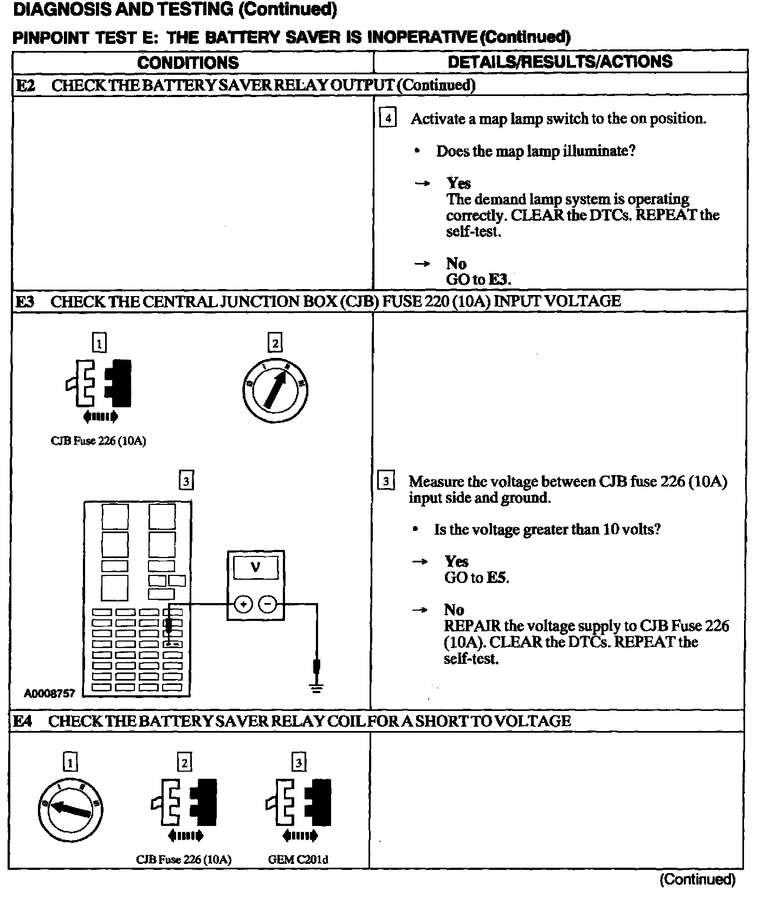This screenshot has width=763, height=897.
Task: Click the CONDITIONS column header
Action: [187, 62]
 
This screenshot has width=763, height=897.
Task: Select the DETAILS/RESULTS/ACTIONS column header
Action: [560, 61]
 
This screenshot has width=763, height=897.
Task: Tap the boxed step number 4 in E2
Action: [387, 118]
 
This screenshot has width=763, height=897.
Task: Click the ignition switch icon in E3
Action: [275, 389]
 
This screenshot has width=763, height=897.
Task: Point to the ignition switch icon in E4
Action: [70, 810]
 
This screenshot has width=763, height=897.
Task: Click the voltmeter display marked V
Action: [255, 568]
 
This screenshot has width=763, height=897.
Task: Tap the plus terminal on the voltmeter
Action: [243, 604]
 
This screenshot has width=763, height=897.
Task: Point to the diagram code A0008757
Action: [49, 693]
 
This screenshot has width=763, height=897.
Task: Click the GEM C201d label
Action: [298, 860]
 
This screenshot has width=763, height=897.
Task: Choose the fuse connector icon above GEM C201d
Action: [298, 802]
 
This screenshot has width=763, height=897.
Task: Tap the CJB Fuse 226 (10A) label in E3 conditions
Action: [98, 441]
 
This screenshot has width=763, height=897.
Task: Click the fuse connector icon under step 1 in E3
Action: [98, 383]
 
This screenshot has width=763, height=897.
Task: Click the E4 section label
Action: [23, 721]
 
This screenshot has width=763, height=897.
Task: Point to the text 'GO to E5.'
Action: [477, 578]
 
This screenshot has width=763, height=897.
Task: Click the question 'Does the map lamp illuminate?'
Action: [535, 151]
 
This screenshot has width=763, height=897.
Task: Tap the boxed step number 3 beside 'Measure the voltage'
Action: [386, 481]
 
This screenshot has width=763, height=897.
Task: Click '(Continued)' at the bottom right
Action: [697, 879]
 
